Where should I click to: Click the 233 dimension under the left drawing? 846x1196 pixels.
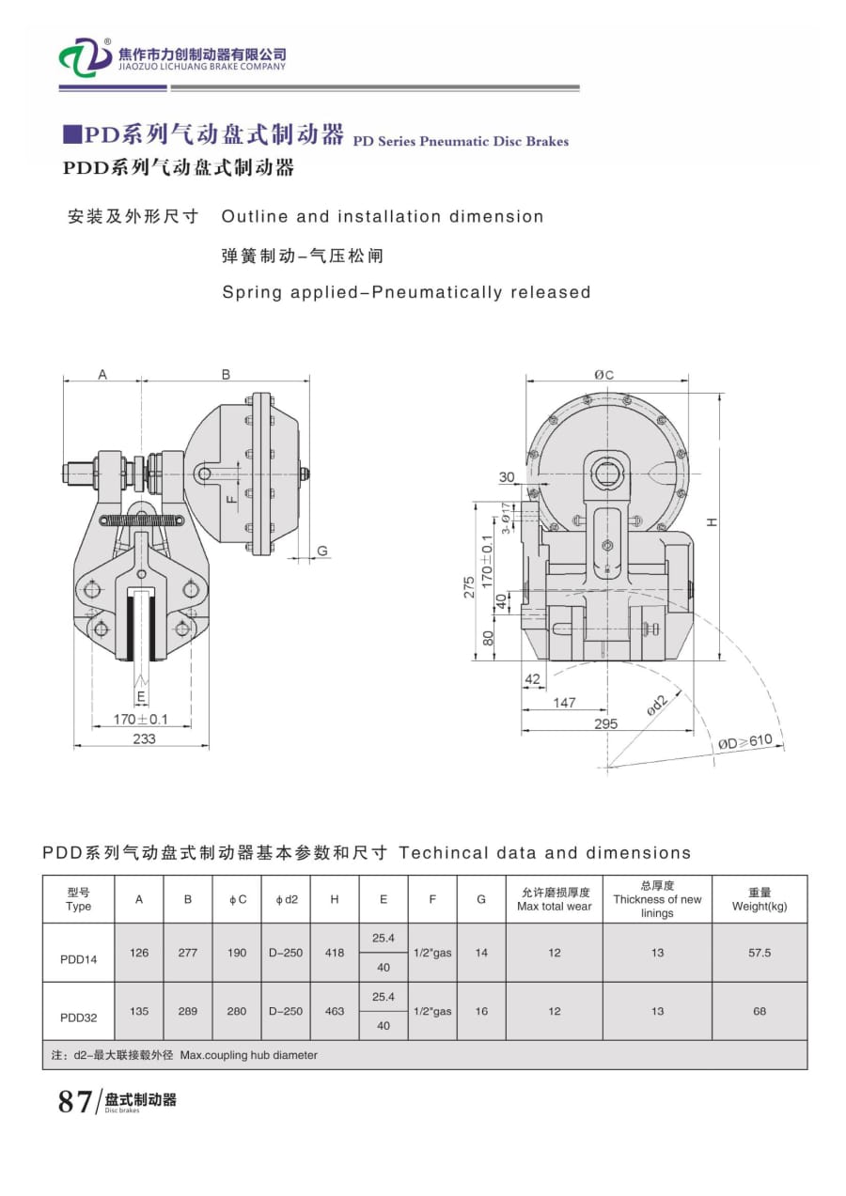tap(144, 738)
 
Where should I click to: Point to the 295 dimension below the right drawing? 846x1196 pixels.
tap(606, 723)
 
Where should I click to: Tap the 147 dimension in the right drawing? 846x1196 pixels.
tap(564, 702)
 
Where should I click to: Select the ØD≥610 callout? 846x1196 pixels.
tap(744, 741)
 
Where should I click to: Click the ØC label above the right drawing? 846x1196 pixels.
tap(603, 375)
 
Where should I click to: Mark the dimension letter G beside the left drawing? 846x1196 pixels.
tap(321, 551)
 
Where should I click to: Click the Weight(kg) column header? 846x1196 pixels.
tap(760, 900)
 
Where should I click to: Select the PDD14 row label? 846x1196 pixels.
tap(79, 959)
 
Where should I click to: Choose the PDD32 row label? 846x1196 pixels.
tap(79, 1017)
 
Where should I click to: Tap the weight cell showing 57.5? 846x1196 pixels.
tap(760, 953)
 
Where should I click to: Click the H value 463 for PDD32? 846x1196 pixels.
tap(335, 1012)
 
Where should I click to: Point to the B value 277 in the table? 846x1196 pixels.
tap(188, 953)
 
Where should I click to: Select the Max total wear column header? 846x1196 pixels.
tap(555, 900)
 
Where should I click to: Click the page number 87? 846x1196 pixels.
tap(75, 1101)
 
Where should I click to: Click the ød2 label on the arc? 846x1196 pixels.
tap(657, 707)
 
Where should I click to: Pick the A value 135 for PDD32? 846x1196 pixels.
tap(139, 1012)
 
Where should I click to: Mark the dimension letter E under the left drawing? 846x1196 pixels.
tap(141, 697)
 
